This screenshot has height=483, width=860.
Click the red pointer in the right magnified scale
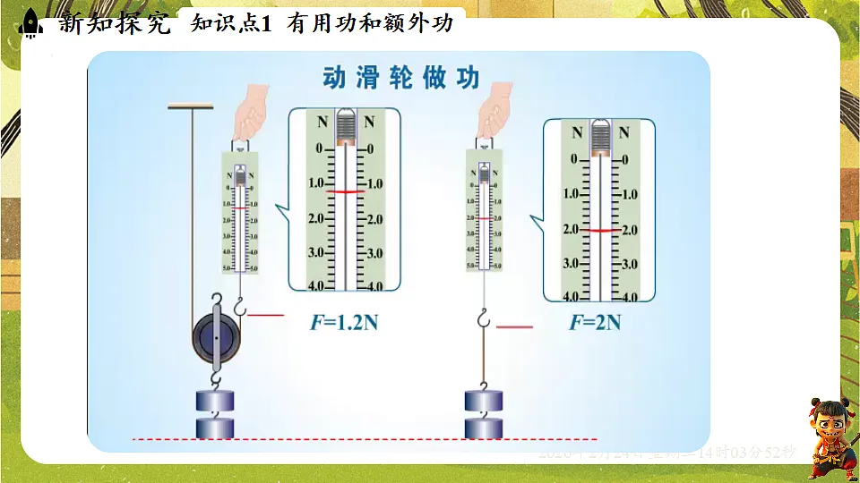pos(598,231)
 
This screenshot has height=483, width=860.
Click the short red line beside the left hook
pos(265,316)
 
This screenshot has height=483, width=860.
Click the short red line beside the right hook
pos(513,328)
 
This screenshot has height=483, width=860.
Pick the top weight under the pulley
pos(215,399)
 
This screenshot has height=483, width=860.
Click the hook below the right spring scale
pos(484,318)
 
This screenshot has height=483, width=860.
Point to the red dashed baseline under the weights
pos(363,439)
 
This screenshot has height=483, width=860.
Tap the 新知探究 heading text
pos(114,23)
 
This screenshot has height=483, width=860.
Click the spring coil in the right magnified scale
pos(598,140)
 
